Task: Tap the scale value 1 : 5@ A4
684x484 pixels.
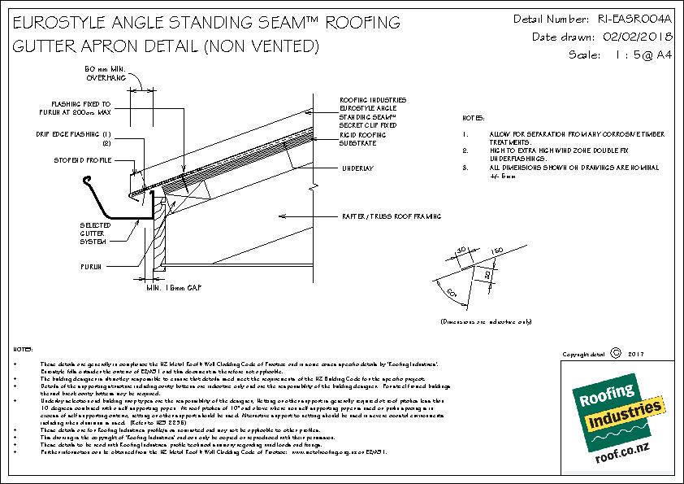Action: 631,55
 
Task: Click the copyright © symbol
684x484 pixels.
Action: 615,354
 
